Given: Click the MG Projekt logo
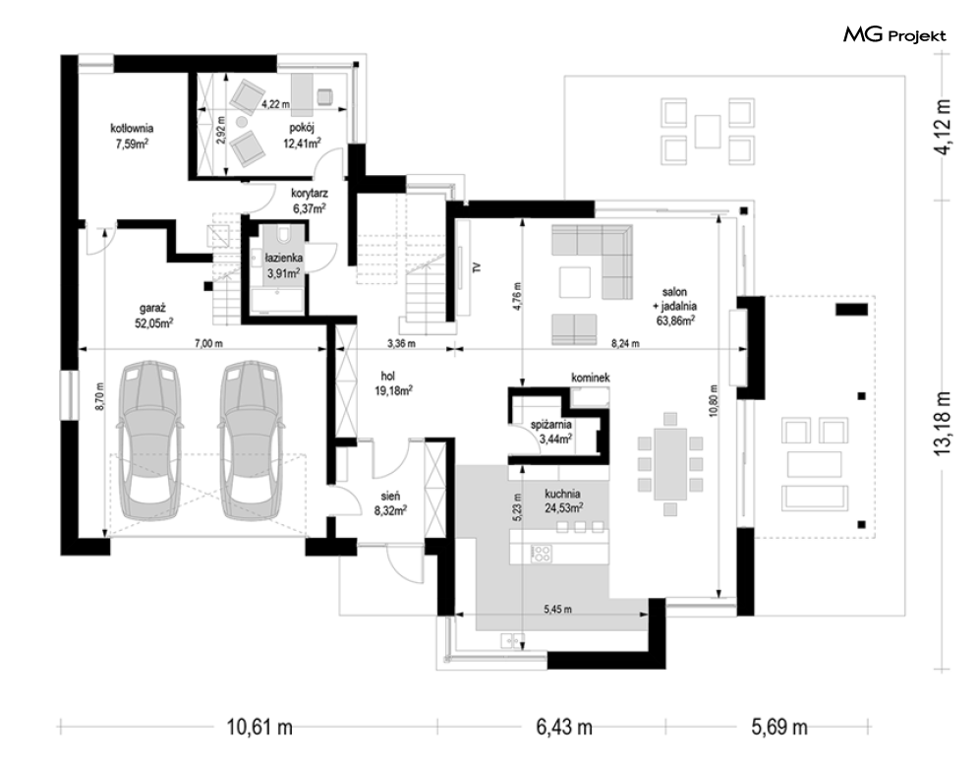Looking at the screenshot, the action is point(894,35).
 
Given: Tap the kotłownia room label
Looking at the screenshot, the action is point(132,129).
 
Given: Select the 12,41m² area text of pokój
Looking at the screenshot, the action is point(302,143).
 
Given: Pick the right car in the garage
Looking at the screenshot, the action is point(251,441).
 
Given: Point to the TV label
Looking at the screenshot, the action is point(477,267).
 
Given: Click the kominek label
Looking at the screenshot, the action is point(591,378).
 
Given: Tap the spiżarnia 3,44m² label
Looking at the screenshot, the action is point(551,432).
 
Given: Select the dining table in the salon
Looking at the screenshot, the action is point(670,464).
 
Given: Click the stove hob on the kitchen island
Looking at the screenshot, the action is point(541,554).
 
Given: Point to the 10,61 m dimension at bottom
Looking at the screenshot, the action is point(259,728).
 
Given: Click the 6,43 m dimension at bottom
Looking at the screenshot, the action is point(564,728).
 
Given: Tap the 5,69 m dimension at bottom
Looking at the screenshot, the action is point(779,728).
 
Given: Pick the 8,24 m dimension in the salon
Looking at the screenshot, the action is point(625,343).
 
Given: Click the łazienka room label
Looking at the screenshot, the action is point(284,258).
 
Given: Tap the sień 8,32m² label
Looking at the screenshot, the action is point(390,503).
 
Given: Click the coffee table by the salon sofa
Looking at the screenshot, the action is point(574,282).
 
